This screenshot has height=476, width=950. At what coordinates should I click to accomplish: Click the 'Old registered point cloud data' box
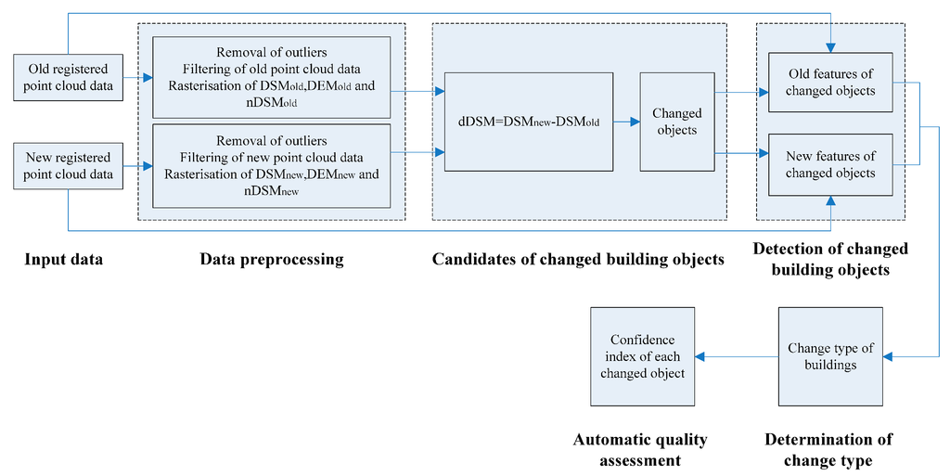[x=69, y=78]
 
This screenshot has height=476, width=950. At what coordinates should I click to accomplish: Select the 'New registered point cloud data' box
[x=69, y=166]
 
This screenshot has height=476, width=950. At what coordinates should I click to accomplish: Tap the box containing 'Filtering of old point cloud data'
[x=272, y=78]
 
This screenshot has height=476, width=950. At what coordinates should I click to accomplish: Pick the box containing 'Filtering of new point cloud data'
[x=272, y=165]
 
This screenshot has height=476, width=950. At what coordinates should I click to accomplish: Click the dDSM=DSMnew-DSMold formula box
[x=529, y=122]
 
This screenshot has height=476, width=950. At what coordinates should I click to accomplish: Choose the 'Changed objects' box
[x=677, y=122]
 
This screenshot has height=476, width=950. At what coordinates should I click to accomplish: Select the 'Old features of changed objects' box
[x=830, y=83]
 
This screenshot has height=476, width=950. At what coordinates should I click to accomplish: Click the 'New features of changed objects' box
[x=830, y=165]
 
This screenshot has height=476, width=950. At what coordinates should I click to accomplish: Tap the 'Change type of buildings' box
[x=830, y=356]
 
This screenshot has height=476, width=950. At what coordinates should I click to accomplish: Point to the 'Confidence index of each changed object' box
[x=642, y=356]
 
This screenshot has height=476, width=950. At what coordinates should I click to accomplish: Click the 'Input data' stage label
[x=63, y=260]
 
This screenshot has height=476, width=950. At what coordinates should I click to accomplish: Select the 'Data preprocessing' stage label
[x=272, y=260]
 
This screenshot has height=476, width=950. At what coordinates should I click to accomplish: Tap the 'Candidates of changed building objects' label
[x=578, y=260]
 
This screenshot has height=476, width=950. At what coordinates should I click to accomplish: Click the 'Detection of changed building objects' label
[x=830, y=260]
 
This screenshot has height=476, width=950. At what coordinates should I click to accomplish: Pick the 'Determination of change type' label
[x=828, y=449]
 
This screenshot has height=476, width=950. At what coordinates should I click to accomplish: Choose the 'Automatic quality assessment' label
[x=640, y=449]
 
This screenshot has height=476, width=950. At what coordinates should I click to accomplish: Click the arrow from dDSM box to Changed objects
[x=626, y=122]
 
